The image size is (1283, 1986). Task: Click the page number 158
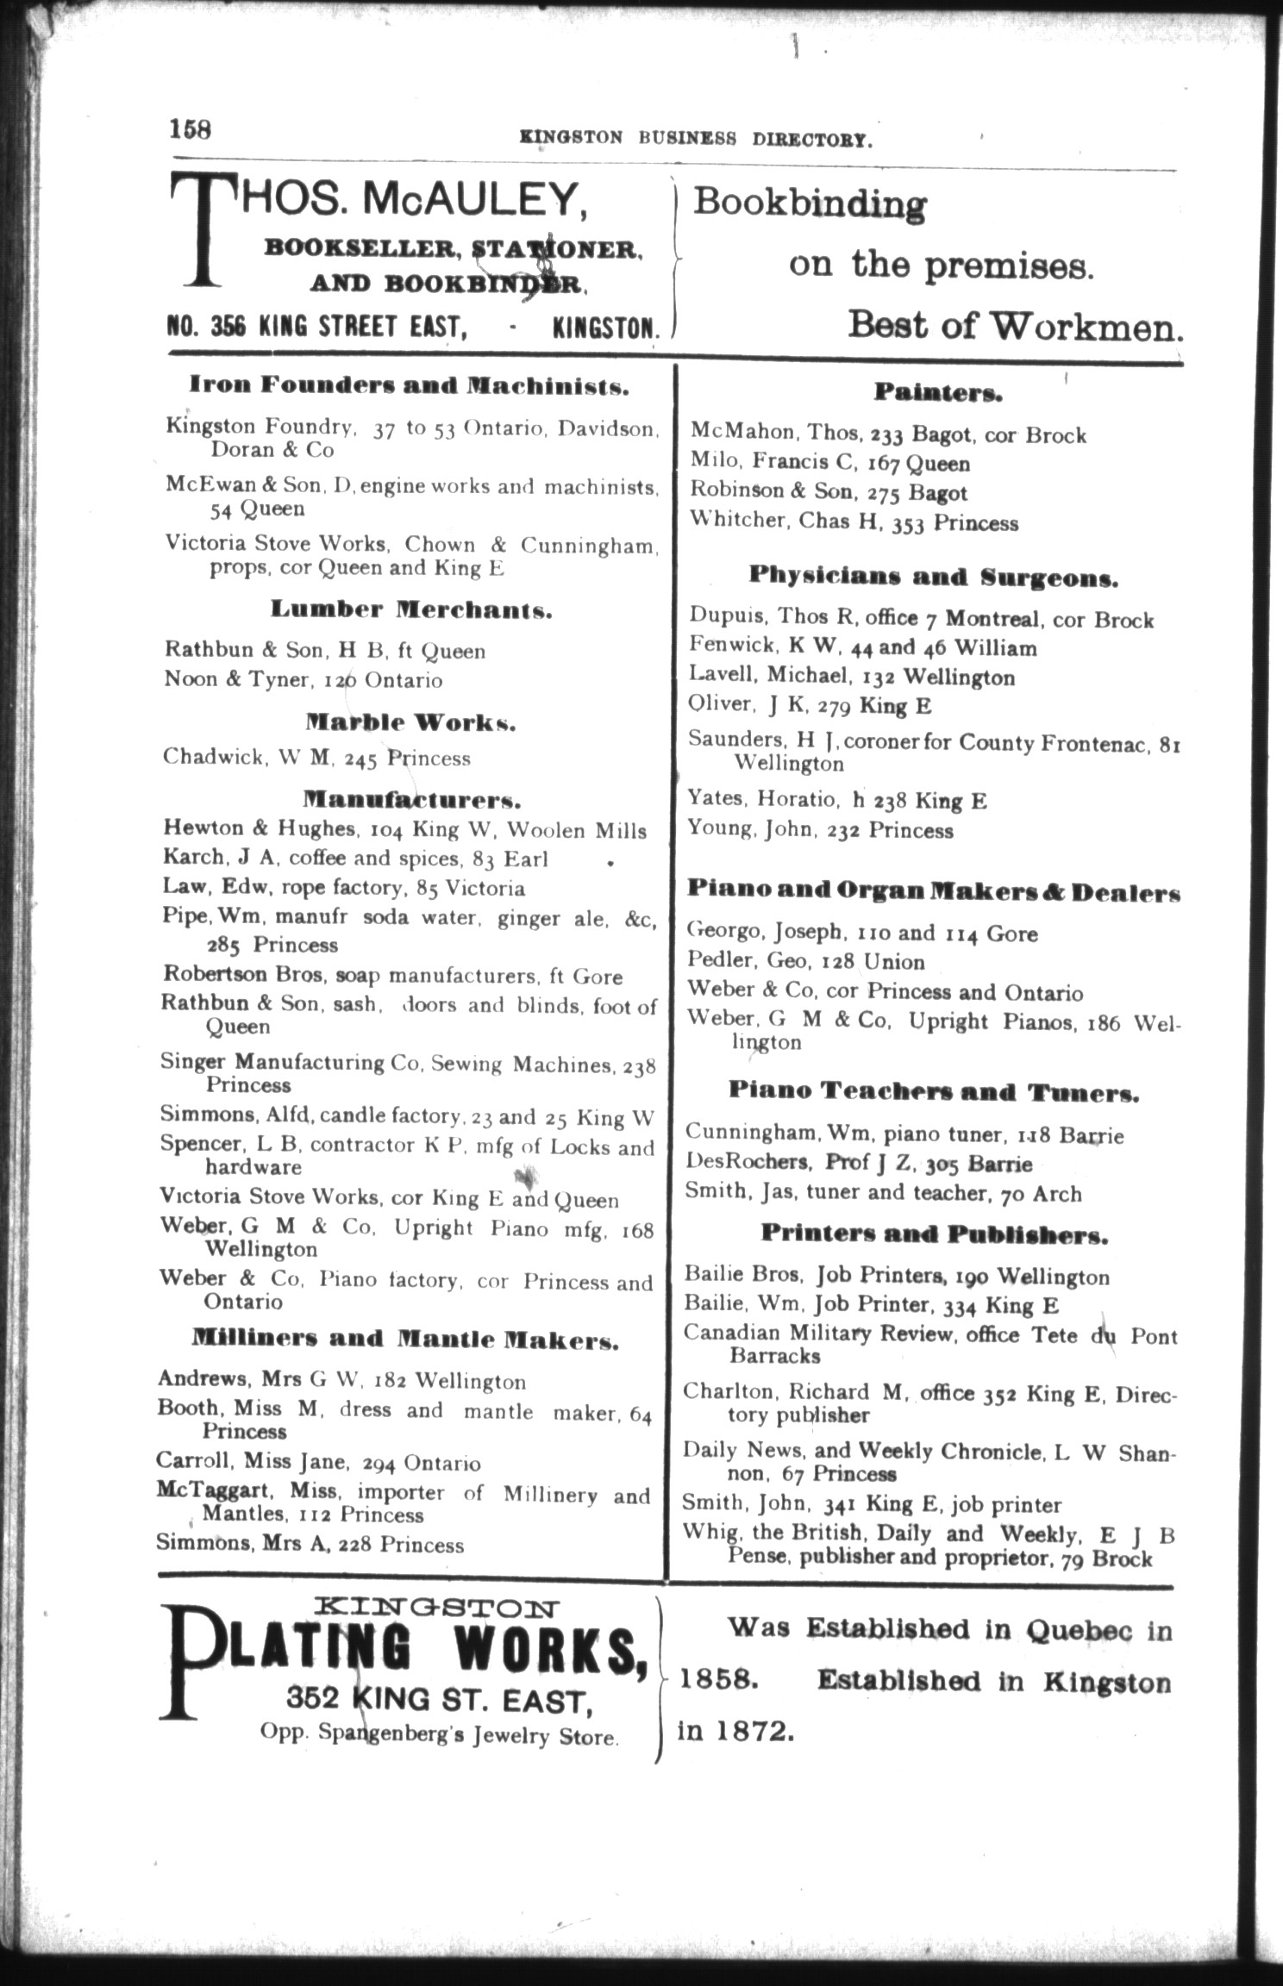[x=190, y=129]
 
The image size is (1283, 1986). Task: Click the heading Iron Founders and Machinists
[x=409, y=385]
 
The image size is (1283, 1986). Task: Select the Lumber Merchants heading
[x=411, y=610]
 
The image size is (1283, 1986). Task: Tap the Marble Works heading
[x=410, y=722]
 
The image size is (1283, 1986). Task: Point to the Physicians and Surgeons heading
[x=933, y=577]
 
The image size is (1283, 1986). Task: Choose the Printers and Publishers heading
[x=934, y=1235]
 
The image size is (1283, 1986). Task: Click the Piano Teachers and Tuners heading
[x=934, y=1093]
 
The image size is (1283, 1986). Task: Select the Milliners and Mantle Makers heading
[x=404, y=1340]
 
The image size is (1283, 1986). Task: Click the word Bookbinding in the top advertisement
[x=810, y=204]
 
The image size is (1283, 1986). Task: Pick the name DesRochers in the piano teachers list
[x=747, y=1164]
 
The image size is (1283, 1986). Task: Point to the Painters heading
[x=938, y=393]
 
